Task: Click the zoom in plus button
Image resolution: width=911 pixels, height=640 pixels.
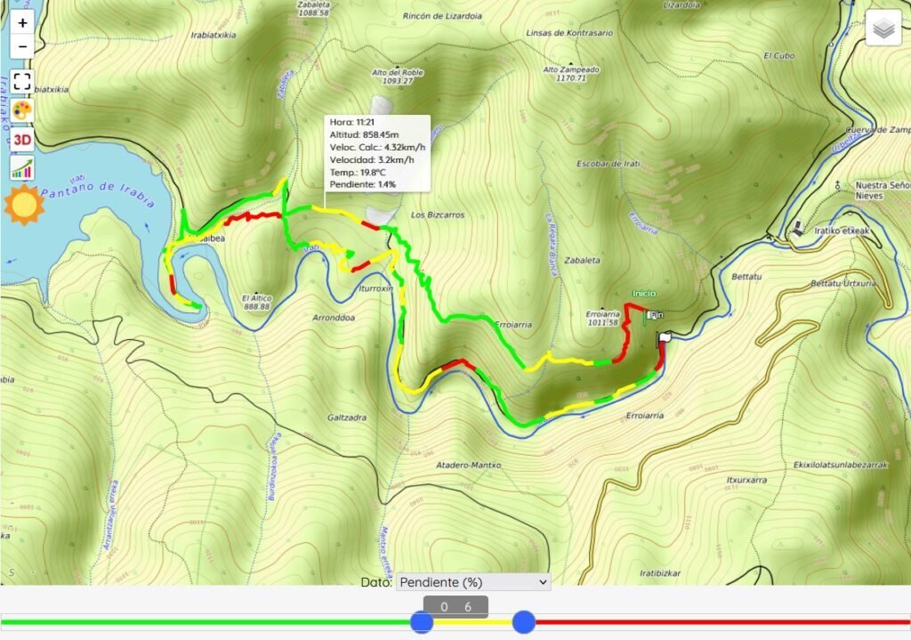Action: [22, 22]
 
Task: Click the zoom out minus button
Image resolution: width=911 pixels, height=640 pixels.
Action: [22, 46]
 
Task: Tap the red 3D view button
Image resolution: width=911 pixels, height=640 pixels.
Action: [22, 139]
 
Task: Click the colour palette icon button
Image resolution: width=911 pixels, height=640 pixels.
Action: [22, 110]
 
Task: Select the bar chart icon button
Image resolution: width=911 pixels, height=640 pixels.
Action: [22, 167]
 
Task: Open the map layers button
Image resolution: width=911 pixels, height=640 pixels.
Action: [883, 28]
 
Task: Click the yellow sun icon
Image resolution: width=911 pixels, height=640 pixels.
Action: [23, 205]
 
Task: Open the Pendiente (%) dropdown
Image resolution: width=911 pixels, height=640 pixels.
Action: [473, 582]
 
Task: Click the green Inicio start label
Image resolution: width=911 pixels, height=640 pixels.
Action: [644, 293]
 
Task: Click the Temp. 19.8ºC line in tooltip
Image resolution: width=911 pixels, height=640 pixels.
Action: [358, 172]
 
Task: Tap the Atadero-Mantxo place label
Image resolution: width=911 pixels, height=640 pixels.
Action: [469, 466]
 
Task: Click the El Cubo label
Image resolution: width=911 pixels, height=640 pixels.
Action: [778, 55]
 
